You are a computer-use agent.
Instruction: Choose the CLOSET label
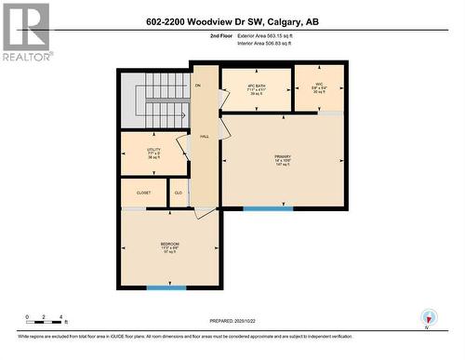143,193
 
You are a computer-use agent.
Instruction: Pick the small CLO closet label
178,193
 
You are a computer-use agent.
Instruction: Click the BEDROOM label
169,247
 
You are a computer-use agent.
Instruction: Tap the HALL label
204,136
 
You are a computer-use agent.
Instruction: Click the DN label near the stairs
197,86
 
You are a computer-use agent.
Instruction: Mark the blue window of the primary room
268,208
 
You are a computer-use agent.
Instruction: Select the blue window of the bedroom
166,288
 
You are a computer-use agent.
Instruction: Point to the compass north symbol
427,317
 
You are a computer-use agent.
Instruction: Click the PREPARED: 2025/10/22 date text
231,322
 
